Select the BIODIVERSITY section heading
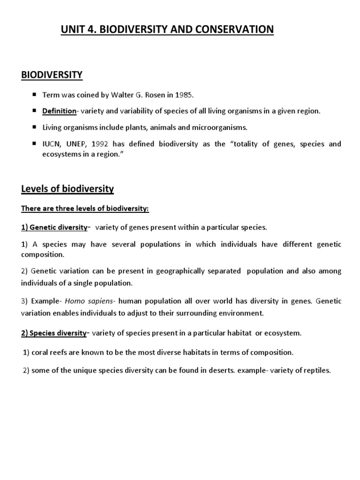point(52,74)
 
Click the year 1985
point(183,95)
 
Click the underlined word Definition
point(59,111)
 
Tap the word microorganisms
point(217,127)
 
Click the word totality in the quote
point(245,143)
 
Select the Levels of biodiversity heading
point(67,189)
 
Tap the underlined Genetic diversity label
point(54,227)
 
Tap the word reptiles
point(317,370)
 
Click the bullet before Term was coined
point(35,95)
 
